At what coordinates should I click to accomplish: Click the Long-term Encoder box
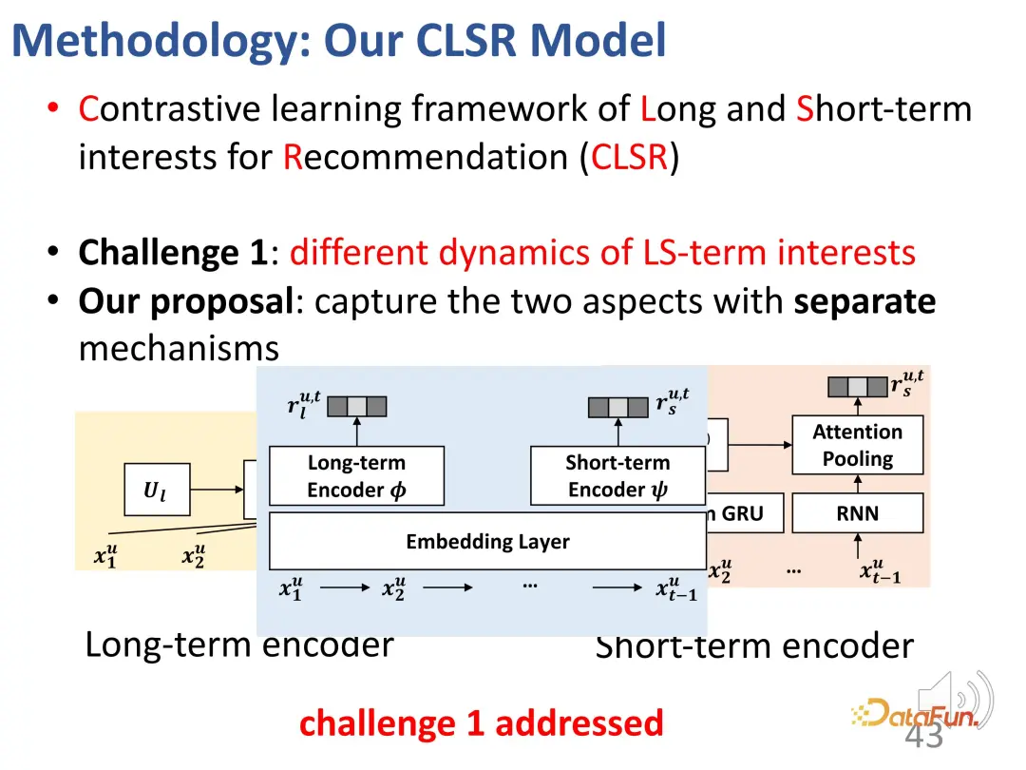[x=357, y=476]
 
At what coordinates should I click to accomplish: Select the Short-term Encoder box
[x=617, y=476]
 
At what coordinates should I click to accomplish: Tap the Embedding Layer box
[x=487, y=542]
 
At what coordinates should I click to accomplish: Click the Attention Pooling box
[x=858, y=446]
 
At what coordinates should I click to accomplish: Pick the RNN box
[x=858, y=513]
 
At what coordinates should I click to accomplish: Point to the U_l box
[x=157, y=491]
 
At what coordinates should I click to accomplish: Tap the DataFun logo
[x=914, y=713]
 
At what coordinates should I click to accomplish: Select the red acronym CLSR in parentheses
[x=629, y=157]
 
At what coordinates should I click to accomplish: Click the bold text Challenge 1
[x=172, y=253]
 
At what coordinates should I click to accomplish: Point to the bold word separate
[x=864, y=301]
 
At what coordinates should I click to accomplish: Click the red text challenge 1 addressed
[x=481, y=723]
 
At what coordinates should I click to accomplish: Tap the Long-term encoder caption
[x=239, y=645]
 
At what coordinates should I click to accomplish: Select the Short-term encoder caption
[x=753, y=646]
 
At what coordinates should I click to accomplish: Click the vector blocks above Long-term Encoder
[x=357, y=407]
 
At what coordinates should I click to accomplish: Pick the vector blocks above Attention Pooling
[x=858, y=387]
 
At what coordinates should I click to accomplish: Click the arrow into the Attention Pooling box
[x=760, y=445]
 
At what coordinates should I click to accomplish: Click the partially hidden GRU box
[x=745, y=513]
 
